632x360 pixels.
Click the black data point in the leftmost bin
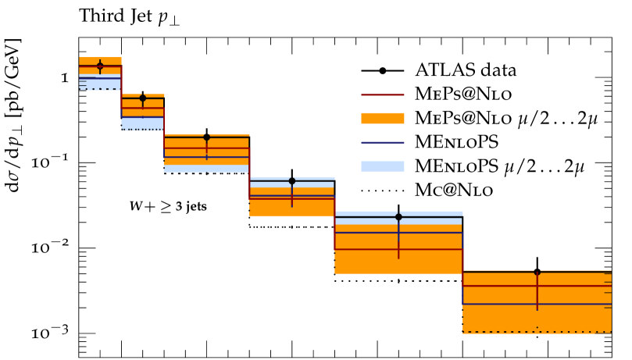tap(100, 66)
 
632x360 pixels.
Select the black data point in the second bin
tap(142, 98)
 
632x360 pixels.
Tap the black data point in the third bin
tap(206, 137)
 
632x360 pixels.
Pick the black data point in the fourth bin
tap(292, 181)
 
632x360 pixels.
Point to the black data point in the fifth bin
tap(398, 217)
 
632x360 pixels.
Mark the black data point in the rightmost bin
tap(537, 272)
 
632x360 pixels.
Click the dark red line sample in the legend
tap(382, 94)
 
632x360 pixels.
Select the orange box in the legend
tap(382, 118)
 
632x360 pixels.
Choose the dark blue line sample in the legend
tap(382, 143)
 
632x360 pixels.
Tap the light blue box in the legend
tap(382, 166)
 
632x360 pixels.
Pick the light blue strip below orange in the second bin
tap(142, 123)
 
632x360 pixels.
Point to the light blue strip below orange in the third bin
tap(206, 169)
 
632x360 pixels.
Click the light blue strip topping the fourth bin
tap(292, 183)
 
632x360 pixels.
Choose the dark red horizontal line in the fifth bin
tap(367, 249)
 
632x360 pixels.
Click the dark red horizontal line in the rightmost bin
tap(500, 286)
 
